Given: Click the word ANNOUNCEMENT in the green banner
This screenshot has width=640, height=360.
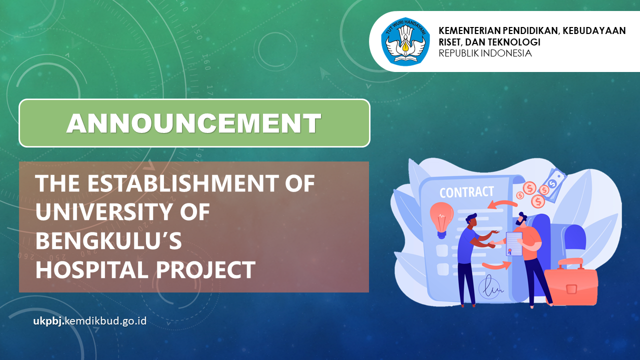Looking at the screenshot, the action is point(194,123).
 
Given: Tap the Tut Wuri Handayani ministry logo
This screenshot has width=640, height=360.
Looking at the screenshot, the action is point(405,41).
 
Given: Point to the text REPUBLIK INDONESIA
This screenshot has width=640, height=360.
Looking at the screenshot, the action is point(485,53).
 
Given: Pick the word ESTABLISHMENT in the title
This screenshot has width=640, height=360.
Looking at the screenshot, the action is point(183,183).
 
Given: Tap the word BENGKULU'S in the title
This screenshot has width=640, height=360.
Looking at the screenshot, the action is point(108,240).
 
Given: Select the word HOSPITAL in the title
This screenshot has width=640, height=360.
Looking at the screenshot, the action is point(91,269).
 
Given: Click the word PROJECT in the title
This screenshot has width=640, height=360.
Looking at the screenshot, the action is point(205,269).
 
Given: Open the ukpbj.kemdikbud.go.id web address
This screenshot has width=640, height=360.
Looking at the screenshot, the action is point(90,321).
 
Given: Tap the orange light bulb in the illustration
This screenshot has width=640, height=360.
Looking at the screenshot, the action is point(441,220).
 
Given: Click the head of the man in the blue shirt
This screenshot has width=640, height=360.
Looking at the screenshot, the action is point(471,219).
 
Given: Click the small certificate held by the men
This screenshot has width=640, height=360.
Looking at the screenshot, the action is point(514,243).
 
